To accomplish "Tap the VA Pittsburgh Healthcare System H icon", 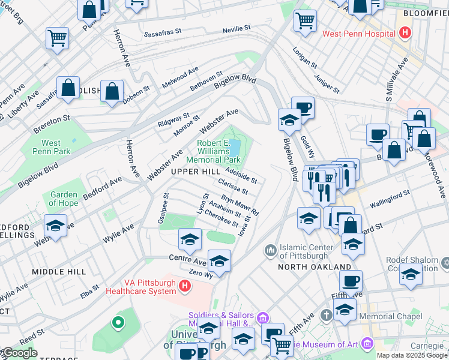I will pyautogui.click(x=184, y=287).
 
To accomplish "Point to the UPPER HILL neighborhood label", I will pyautogui.click(x=195, y=172).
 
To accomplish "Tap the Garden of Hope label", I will pyautogui.click(x=64, y=199).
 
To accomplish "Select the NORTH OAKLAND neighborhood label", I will pyautogui.click(x=315, y=266).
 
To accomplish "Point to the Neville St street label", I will pyautogui.click(x=236, y=29).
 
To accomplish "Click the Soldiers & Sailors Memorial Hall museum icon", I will pyautogui.click(x=262, y=317).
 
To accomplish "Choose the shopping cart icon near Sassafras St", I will pyautogui.click(x=57, y=38).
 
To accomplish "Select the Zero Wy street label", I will pyautogui.click(x=200, y=274).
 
